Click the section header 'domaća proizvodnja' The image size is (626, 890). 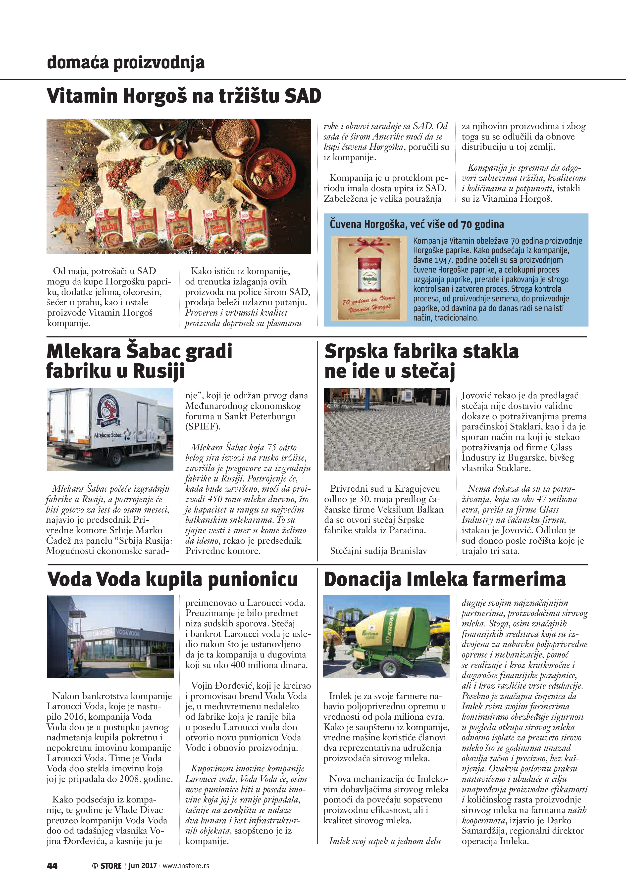[125, 62]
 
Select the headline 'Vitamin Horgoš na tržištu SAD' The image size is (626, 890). [184, 96]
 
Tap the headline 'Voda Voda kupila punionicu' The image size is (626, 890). [173, 579]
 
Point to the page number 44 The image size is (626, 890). [52, 866]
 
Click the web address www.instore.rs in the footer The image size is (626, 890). [186, 866]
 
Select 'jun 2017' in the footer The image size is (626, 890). [142, 866]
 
